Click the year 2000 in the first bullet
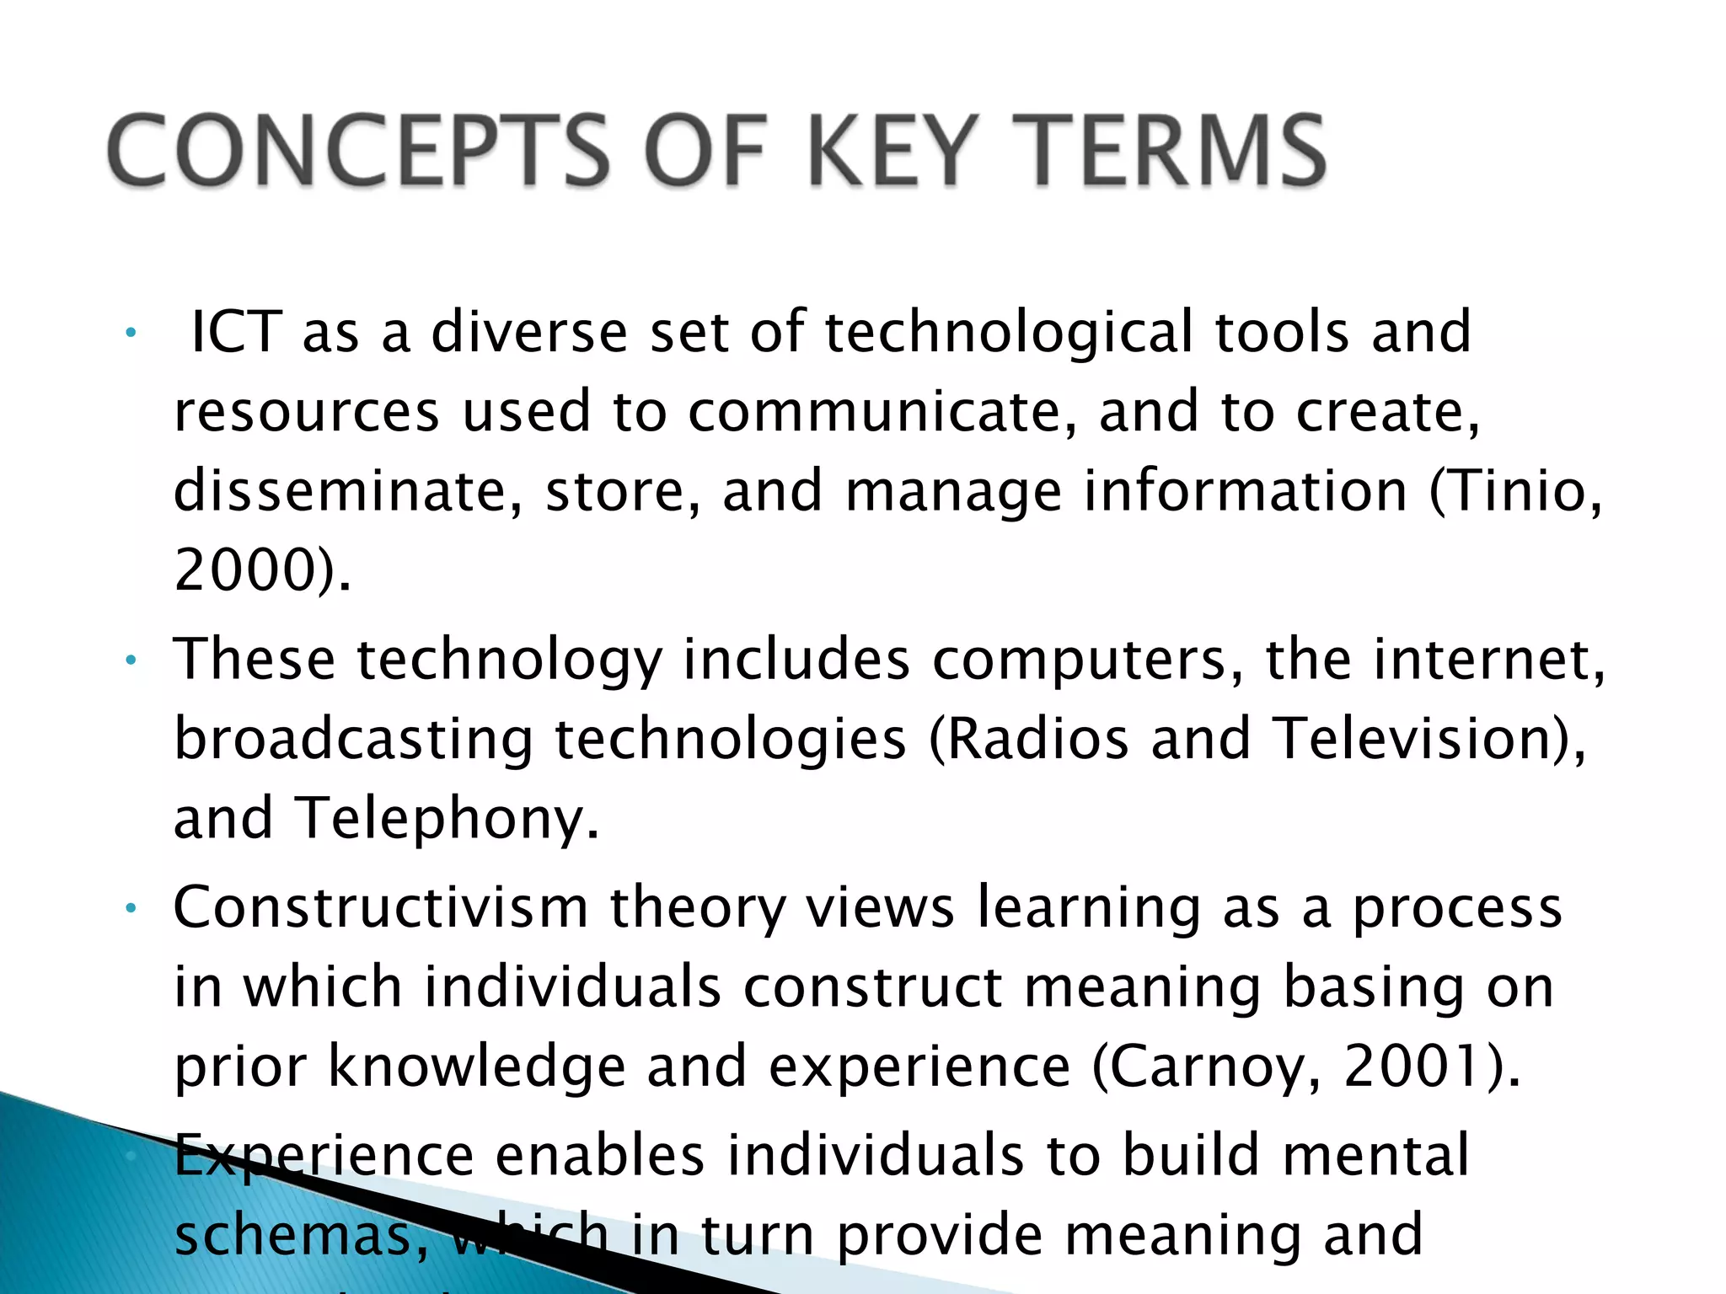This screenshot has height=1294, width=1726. pos(244,570)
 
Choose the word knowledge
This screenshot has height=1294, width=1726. pos(477,1067)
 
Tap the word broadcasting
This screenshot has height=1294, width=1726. pos(354,738)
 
